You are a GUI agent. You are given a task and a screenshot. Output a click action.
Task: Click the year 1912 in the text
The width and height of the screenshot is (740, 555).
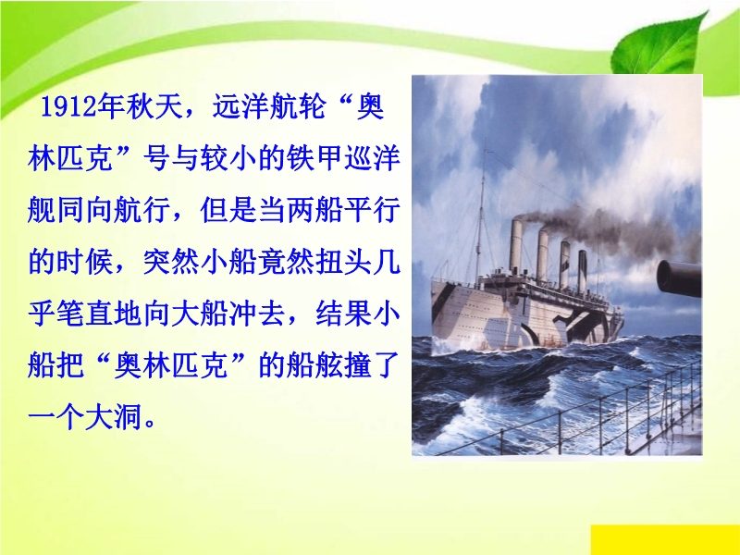[x=69, y=106]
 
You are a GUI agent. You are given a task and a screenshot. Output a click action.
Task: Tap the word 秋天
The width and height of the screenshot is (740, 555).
[x=154, y=106]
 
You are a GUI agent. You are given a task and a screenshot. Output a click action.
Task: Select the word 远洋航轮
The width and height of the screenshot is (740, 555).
[x=269, y=106]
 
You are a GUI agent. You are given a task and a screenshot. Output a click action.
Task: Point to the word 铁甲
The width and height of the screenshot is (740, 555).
[x=314, y=158]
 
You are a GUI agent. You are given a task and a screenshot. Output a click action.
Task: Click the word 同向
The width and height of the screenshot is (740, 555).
[x=85, y=210]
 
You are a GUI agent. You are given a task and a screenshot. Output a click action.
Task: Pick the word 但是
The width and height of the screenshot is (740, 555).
[x=228, y=210]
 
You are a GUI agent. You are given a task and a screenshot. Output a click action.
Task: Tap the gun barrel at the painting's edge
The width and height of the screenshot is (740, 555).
[x=679, y=278]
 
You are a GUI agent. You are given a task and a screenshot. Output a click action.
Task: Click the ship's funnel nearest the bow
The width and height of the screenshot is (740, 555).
[x=516, y=245]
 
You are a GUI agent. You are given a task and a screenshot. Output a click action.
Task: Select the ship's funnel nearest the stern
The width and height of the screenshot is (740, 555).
[x=583, y=270]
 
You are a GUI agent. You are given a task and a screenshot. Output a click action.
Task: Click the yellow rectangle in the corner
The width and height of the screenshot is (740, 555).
[x=665, y=539]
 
